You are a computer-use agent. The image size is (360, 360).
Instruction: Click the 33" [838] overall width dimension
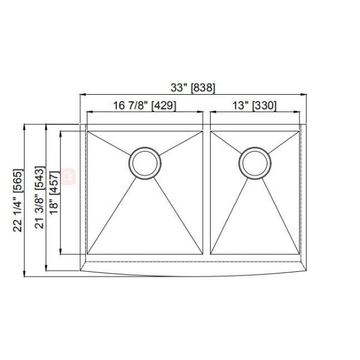[193, 88]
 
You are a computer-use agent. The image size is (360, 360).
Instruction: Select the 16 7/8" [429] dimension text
[144, 106]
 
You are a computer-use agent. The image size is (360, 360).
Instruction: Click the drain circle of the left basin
[145, 162]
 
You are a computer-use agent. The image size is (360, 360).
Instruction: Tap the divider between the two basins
[206, 192]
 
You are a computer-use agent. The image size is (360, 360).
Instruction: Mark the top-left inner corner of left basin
[88, 131]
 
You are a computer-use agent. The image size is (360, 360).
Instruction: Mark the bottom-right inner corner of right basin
[298, 254]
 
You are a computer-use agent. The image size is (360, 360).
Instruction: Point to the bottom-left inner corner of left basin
[88, 254]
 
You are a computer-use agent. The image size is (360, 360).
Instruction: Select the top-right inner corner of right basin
[298, 131]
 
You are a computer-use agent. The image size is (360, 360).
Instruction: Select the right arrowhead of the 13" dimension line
[296, 112]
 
